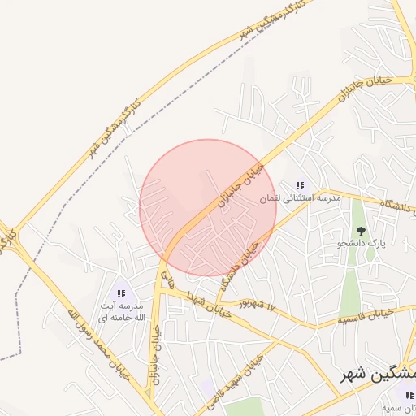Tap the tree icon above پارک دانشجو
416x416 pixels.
tap(361, 231)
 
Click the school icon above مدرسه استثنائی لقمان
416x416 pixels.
tap(300, 186)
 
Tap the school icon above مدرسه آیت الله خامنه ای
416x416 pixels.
tap(122, 293)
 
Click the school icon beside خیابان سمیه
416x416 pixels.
tap(409, 396)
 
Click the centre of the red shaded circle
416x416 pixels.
tap(208, 208)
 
